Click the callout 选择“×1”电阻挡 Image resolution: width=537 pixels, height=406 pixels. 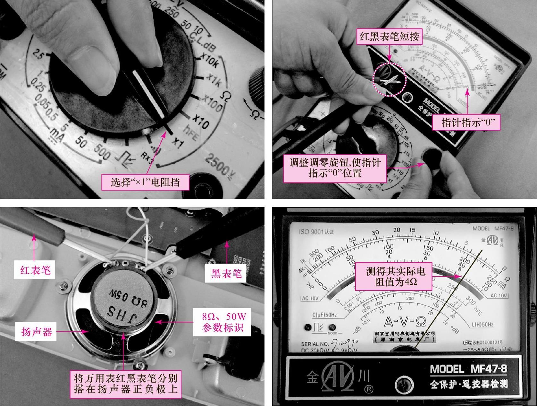(x=145, y=182)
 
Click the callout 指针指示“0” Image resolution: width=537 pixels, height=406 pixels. (x=466, y=123)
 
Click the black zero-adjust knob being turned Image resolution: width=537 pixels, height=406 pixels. (x=431, y=157)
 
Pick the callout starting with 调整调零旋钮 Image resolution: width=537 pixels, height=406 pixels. (x=335, y=167)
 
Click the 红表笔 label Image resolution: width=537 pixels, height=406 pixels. (x=35, y=270)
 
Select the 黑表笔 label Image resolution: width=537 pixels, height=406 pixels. (x=226, y=274)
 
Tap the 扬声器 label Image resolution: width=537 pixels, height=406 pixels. (x=37, y=332)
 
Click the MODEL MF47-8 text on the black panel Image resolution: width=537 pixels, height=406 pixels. (x=468, y=369)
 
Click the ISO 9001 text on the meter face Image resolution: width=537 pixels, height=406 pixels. (x=316, y=232)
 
